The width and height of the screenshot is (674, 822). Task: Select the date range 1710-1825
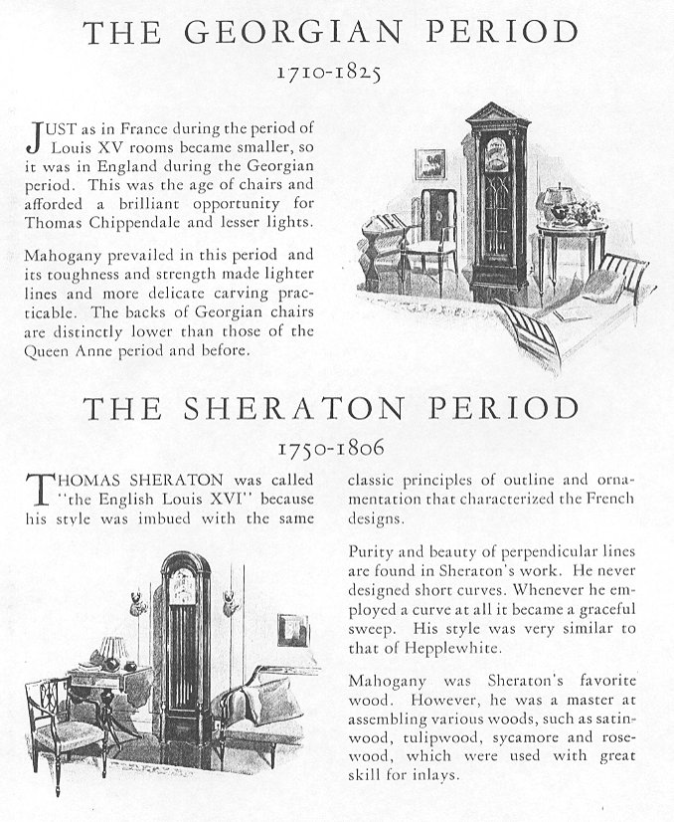[x=330, y=72]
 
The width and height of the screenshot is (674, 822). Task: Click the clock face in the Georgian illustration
[x=494, y=152]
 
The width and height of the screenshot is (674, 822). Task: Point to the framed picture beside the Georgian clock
[x=429, y=165]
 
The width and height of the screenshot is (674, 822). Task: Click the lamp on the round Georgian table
[x=553, y=202]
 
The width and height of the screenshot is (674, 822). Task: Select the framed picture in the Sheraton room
[x=292, y=629]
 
